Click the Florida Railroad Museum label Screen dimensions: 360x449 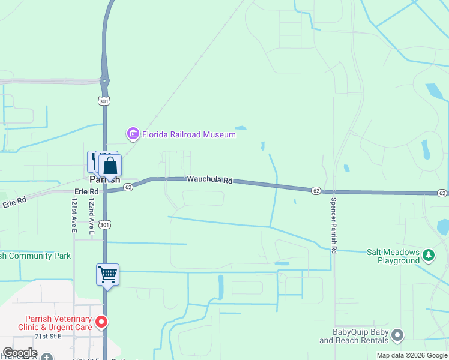(x=188, y=134)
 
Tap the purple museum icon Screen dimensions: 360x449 (x=133, y=134)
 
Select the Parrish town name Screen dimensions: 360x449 (x=104, y=179)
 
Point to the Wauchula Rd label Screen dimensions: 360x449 (x=209, y=179)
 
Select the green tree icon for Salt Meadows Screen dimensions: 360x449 (x=429, y=256)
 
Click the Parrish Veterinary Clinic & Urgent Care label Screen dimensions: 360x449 (x=59, y=323)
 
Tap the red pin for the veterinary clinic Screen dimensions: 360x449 (x=102, y=323)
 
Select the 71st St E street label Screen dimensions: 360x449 (x=49, y=337)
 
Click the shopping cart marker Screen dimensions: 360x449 (x=108, y=275)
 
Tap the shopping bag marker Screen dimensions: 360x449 (x=110, y=166)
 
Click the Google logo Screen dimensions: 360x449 (x=20, y=353)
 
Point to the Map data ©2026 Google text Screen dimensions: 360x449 (x=412, y=355)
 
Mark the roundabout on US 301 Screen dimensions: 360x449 (x=105, y=80)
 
